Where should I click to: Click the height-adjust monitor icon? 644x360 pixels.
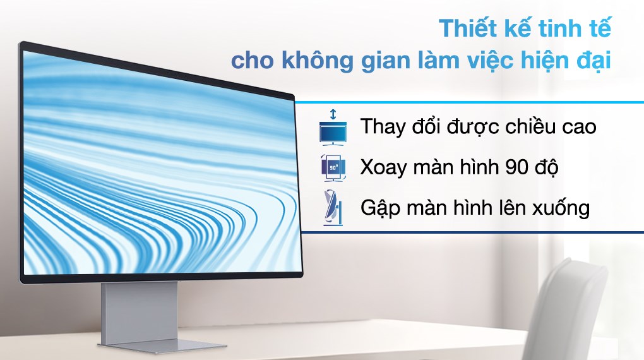tap(333, 128)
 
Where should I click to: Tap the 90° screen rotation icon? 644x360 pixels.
tap(333, 167)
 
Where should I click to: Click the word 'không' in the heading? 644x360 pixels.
tap(307, 63)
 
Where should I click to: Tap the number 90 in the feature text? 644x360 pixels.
tap(517, 167)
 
